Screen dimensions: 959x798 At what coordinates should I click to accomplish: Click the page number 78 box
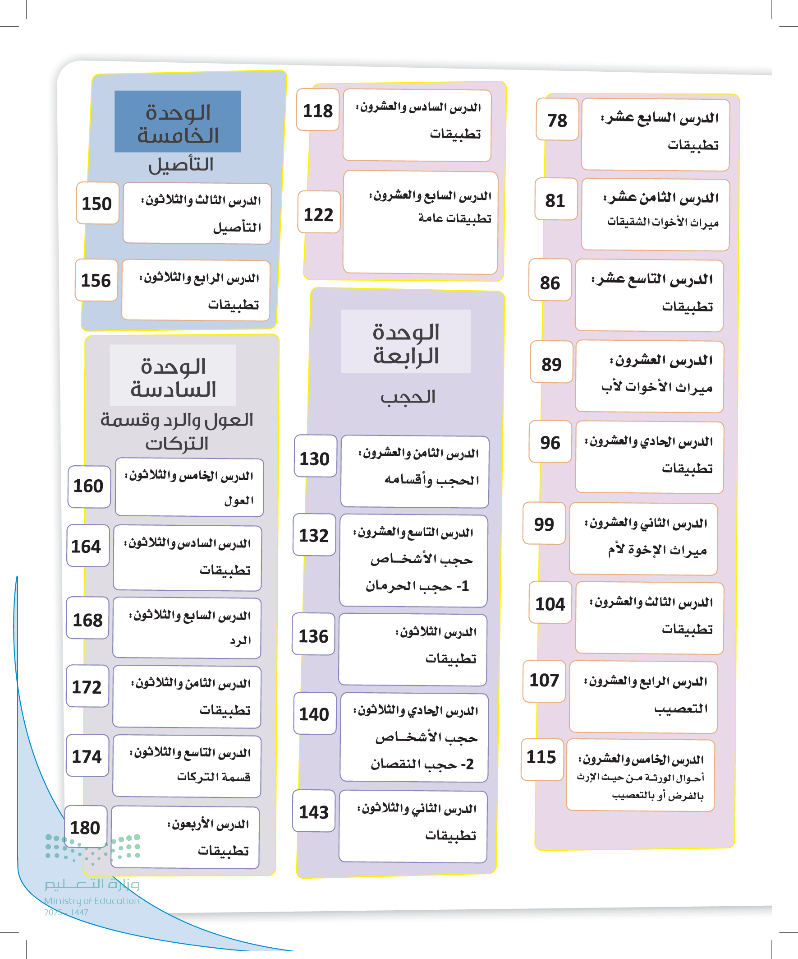[x=557, y=120]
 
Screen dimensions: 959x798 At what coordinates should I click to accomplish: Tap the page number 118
[x=317, y=111]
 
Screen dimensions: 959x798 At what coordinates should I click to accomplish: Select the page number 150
[x=97, y=203]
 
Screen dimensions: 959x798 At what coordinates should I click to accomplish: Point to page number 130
[x=314, y=459]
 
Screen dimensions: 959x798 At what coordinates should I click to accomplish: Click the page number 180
[x=85, y=828]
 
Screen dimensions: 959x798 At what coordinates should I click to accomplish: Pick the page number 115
[x=541, y=757]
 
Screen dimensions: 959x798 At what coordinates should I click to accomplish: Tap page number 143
[x=313, y=811]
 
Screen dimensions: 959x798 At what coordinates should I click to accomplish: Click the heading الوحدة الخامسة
[x=178, y=123]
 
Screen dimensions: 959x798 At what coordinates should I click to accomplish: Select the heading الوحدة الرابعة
[x=406, y=343]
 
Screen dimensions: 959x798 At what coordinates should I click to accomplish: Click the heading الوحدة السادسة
[x=173, y=378]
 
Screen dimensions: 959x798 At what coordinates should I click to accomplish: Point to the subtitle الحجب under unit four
[x=408, y=397]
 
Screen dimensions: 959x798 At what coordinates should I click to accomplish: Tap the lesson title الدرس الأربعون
[x=208, y=824]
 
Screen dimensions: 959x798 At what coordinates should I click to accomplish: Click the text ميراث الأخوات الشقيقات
[x=662, y=222]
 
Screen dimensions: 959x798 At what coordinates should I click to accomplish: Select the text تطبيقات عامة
[x=454, y=218]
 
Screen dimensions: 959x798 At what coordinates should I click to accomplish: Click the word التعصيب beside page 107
[x=681, y=709]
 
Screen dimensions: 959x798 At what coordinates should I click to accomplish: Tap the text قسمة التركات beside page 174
[x=214, y=777]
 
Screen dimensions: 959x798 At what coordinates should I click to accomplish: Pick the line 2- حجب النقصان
[x=422, y=764]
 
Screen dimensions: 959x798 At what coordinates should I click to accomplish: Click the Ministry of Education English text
[x=92, y=900]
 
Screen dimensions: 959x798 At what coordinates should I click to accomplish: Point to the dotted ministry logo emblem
[x=92, y=848]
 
